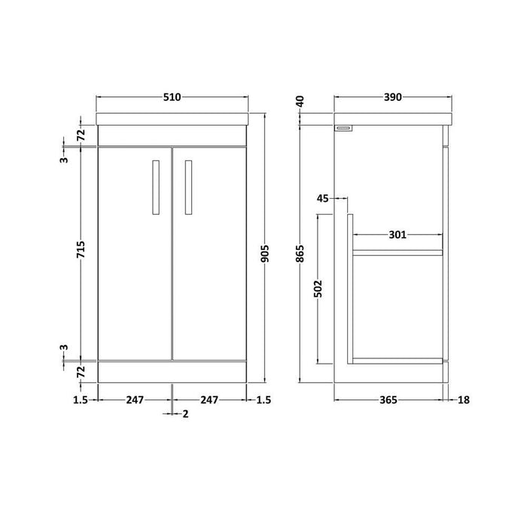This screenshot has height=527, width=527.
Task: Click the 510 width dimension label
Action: click(173, 97)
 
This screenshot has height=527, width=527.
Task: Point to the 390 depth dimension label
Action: click(391, 97)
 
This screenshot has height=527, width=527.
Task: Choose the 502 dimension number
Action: click(318, 288)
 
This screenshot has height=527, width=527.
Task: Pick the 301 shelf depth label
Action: click(398, 235)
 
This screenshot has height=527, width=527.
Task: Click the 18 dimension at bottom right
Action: click(463, 400)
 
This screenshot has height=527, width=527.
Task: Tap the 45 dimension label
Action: click(324, 199)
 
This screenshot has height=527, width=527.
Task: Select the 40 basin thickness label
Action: click(300, 101)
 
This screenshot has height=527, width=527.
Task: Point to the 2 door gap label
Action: click(184, 414)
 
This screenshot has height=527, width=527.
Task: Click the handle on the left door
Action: click(155, 189)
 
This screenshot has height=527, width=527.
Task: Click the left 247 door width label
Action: click(135, 400)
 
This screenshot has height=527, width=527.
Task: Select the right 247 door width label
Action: click(209, 400)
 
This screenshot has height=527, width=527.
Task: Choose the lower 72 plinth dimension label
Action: click(81, 370)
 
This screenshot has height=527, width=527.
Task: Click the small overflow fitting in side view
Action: click(345, 129)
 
